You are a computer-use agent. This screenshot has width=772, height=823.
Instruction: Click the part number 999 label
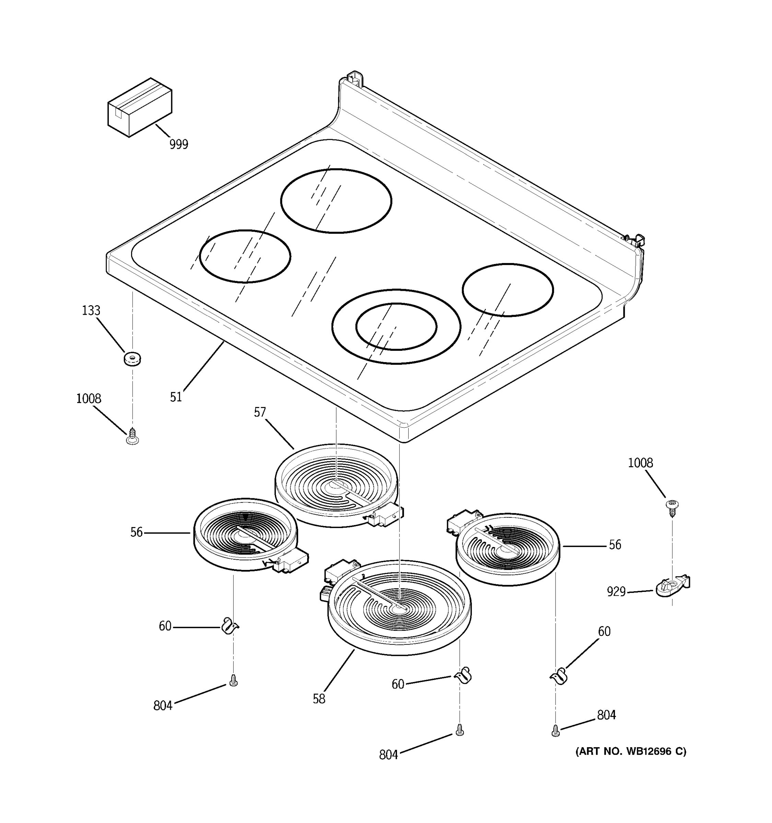coord(178,144)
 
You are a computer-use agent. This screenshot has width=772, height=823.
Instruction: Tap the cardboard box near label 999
coord(140,108)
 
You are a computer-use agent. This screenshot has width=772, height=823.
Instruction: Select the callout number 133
coord(91,310)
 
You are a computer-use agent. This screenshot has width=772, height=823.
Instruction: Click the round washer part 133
coord(132,358)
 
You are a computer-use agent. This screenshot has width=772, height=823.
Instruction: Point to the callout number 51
coord(176,397)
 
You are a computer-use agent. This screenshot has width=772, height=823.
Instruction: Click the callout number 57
coord(260,412)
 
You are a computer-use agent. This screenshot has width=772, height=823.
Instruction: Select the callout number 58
coord(319,699)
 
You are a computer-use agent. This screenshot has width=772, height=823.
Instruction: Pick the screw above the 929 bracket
coord(672,507)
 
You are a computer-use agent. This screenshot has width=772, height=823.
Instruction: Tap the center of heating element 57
coord(336,486)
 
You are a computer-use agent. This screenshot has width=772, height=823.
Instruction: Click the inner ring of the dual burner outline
coord(396,326)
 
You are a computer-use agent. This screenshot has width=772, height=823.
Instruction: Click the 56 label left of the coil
coord(137,533)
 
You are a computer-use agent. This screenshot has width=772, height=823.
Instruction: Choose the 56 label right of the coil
coord(615,545)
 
